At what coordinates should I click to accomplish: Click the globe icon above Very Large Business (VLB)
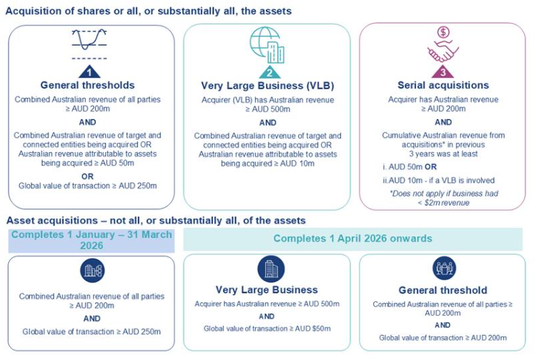click(x=266, y=45)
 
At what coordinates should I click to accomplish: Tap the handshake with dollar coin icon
click(x=442, y=45)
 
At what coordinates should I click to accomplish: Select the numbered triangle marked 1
click(x=90, y=71)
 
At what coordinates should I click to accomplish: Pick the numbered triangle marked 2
click(x=267, y=71)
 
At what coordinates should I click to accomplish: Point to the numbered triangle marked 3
click(x=442, y=71)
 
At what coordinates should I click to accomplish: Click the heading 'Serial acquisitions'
click(x=442, y=86)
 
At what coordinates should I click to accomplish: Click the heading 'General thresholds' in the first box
click(x=90, y=86)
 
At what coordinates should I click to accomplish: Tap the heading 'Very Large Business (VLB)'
click(x=267, y=86)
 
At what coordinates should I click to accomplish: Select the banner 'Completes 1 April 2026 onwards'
click(x=353, y=238)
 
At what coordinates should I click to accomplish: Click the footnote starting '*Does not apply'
click(x=442, y=198)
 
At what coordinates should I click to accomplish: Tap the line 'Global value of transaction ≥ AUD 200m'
click(x=442, y=337)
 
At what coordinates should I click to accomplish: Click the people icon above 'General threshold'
click(x=443, y=269)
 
